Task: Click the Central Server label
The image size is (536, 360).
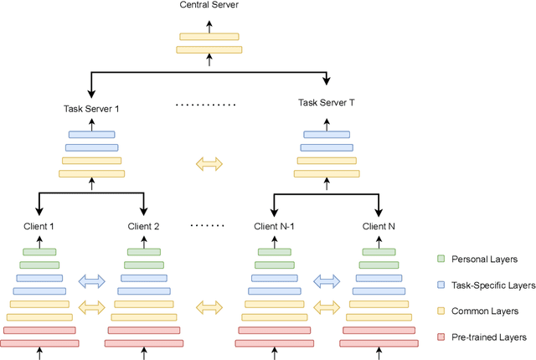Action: [x=209, y=6]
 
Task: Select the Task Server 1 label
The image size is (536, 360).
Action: [x=92, y=109]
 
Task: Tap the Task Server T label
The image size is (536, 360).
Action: [x=327, y=103]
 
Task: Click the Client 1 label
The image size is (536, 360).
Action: [x=39, y=226]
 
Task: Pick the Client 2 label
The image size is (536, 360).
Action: [x=144, y=226]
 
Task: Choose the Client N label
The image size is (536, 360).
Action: [x=379, y=226]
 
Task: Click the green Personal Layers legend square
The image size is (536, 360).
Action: [x=442, y=260]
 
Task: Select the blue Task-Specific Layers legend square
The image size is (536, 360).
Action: [x=442, y=285]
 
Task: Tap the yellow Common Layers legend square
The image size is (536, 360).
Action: [x=442, y=311]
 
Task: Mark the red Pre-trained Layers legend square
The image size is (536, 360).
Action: [x=442, y=337]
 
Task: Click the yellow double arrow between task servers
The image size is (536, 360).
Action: [x=209, y=165]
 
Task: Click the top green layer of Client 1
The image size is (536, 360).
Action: [x=39, y=252]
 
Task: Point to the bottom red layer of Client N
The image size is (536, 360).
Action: [x=379, y=343]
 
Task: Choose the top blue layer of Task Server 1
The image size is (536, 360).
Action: [x=92, y=134]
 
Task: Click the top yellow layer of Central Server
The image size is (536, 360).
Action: [x=209, y=36]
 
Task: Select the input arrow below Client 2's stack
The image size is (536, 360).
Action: [x=144, y=354]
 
